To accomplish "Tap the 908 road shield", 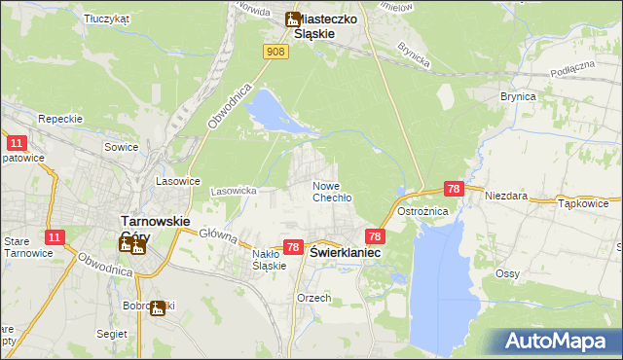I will tap(276, 52).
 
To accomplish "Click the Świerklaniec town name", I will tap(346, 251).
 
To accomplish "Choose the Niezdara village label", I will tap(507, 196).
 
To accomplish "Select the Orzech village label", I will tap(314, 298).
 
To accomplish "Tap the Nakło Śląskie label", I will tap(269, 259).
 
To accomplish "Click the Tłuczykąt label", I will tap(107, 18).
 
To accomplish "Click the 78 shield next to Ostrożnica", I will tap(453, 188).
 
